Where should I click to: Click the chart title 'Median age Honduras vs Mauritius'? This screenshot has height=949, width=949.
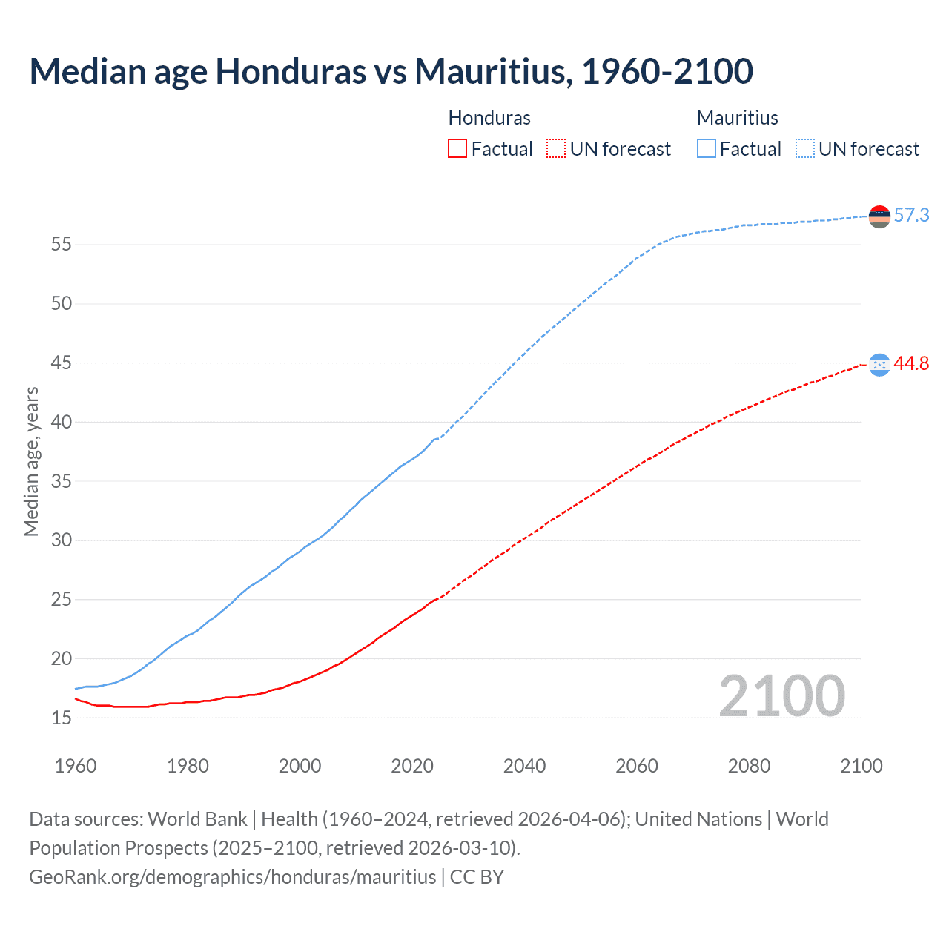pyautogui.click(x=391, y=71)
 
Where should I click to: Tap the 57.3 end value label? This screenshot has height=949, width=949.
pyautogui.click(x=911, y=215)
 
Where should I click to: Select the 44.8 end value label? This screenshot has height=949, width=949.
pyautogui.click(x=911, y=363)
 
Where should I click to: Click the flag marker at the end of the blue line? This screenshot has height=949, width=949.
pyautogui.click(x=879, y=216)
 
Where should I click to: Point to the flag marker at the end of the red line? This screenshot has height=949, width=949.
pyautogui.click(x=879, y=364)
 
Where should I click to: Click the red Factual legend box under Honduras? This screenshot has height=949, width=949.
pyautogui.click(x=457, y=149)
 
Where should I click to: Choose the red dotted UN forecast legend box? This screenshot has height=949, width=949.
pyautogui.click(x=556, y=149)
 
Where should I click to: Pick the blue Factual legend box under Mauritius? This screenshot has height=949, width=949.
pyautogui.click(x=707, y=149)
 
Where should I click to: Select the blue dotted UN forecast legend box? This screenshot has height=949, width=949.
pyautogui.click(x=805, y=149)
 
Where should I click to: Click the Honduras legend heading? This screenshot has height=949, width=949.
pyautogui.click(x=489, y=118)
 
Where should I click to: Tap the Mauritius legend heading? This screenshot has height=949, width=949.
pyautogui.click(x=738, y=118)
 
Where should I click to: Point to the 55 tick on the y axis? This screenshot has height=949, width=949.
pyautogui.click(x=62, y=244)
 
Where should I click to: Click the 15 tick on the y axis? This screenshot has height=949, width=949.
pyautogui.click(x=62, y=718)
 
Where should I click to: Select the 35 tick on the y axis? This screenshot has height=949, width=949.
pyautogui.click(x=62, y=481)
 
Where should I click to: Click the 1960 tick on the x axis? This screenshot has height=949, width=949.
pyautogui.click(x=76, y=766)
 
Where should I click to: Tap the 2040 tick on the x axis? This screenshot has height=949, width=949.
pyautogui.click(x=524, y=766)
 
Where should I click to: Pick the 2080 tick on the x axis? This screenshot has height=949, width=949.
pyautogui.click(x=749, y=766)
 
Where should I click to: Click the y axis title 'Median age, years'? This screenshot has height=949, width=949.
pyautogui.click(x=31, y=461)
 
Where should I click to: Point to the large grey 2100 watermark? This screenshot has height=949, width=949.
pyautogui.click(x=781, y=695)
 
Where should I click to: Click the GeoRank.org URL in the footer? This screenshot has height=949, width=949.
pyautogui.click(x=233, y=876)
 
